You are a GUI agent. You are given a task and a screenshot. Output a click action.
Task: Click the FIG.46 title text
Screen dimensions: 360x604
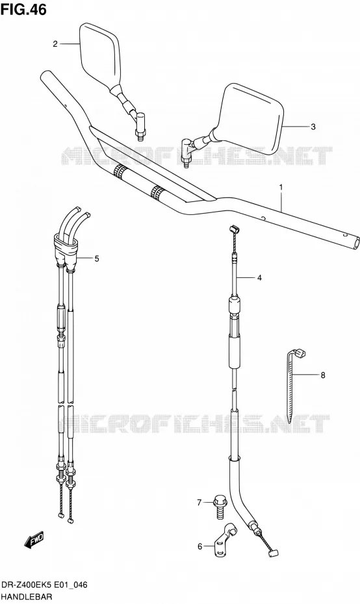tap(23, 9)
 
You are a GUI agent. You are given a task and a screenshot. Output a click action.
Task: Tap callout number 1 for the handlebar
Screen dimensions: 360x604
tap(281, 188)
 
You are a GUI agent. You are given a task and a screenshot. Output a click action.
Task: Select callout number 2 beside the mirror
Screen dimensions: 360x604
tap(55, 44)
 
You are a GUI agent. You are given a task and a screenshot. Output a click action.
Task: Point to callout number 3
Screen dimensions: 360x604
tap(313, 127)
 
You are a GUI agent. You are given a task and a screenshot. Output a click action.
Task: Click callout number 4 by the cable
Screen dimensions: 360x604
tap(259, 277)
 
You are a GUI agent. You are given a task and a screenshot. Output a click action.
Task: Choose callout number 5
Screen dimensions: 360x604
tap(96, 258)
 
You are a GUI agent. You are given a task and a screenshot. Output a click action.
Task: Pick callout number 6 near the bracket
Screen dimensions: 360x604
tap(199, 546)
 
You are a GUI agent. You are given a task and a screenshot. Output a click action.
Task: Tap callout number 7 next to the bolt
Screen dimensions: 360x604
tap(199, 502)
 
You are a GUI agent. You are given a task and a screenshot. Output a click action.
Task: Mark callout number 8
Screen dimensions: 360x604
tap(322, 375)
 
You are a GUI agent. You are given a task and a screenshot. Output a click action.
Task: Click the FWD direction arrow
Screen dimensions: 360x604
tap(34, 540)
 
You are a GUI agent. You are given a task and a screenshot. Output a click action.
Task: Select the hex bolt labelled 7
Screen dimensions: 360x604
tap(220, 507)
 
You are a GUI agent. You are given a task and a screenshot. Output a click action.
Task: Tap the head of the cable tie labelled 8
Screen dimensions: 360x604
tap(300, 352)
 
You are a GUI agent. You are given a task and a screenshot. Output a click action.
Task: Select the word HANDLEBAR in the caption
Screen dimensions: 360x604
tap(26, 598)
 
